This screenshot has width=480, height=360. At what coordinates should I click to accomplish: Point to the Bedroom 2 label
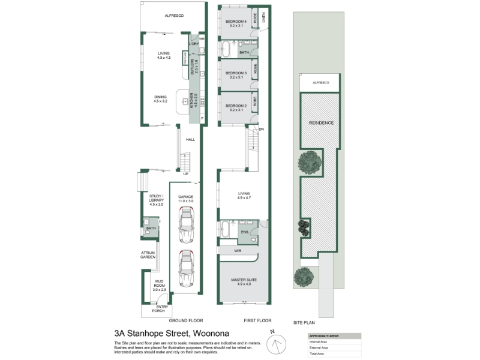236,107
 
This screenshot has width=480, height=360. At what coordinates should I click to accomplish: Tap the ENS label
244,230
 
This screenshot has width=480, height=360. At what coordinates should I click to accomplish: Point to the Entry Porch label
162,310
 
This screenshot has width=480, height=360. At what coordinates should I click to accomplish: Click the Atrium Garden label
148,254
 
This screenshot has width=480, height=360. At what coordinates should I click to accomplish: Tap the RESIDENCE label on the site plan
320,123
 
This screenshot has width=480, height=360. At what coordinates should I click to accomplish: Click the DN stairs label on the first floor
261,130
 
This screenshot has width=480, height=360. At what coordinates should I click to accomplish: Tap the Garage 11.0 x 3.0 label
185,200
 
